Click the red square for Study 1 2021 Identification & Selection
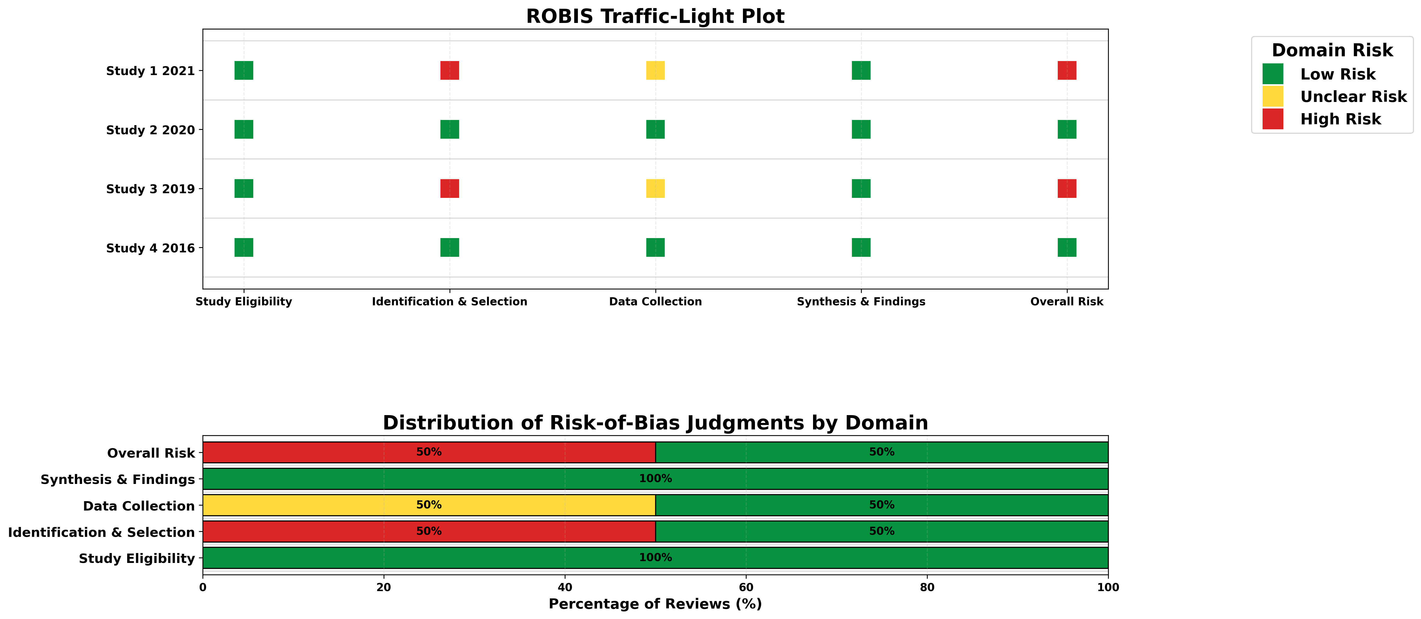tap(450, 71)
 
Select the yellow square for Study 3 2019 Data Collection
tap(655, 188)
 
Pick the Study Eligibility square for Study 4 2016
tap(244, 247)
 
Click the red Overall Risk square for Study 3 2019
tap(1067, 188)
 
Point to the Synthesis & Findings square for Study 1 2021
tap(861, 71)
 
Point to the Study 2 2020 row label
tap(151, 130)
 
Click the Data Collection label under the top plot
tap(655, 301)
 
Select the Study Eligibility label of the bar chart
tap(137, 558)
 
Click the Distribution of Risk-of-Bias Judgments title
tap(655, 423)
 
